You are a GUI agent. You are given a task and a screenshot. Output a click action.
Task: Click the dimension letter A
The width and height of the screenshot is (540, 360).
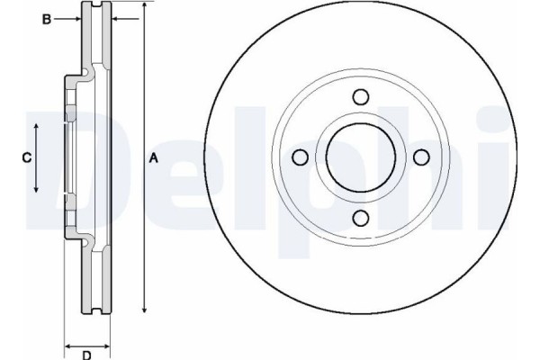click(x=154, y=158)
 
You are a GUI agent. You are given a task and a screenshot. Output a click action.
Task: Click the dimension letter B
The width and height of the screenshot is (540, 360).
click(x=47, y=19)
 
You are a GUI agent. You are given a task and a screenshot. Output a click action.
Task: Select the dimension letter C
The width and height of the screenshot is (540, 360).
click(x=26, y=157)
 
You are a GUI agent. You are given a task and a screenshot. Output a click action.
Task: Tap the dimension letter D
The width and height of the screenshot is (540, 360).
click(x=86, y=355)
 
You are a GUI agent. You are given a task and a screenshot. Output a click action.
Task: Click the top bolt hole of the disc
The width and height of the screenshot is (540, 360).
click(x=361, y=97)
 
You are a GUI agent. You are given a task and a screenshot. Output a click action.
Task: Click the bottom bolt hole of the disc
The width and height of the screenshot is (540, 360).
click(x=361, y=218)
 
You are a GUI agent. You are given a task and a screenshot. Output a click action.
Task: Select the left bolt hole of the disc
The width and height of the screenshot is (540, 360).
click(x=300, y=157)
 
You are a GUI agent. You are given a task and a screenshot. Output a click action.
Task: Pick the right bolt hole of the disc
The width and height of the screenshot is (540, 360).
click(x=421, y=157)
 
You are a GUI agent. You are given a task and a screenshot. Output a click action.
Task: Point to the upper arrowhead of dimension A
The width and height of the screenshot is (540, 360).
click(x=145, y=4)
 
